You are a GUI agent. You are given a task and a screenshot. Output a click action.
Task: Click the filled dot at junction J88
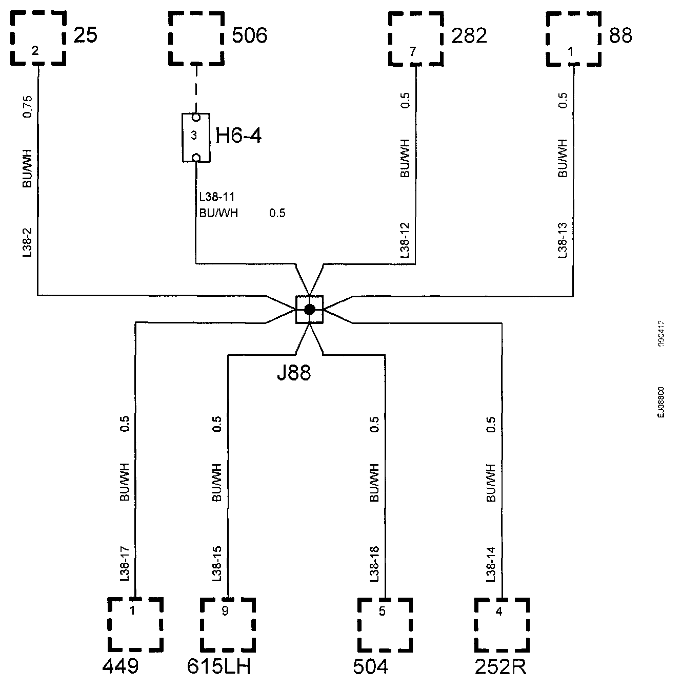tap(309, 309)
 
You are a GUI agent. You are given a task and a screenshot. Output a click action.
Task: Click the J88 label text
tap(294, 373)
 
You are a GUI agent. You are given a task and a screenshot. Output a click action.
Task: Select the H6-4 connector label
tap(239, 136)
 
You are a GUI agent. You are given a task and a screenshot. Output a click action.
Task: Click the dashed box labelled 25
tap(38, 38)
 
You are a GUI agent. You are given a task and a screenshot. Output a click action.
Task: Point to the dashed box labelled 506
tap(196, 38)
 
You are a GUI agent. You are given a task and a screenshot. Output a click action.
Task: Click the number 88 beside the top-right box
tap(620, 36)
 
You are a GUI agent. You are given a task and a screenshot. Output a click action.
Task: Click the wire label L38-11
tap(217, 197)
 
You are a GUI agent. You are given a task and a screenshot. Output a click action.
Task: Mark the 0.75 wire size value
tap(28, 106)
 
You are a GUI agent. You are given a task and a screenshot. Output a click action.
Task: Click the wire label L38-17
tap(124, 564)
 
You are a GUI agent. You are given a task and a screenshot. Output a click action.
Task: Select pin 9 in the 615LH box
tap(225, 611)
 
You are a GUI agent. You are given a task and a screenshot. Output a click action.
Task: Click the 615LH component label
tap(219, 667)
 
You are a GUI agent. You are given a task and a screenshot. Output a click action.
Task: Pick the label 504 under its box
tap(371, 667)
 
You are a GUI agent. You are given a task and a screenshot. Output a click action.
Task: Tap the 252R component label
tap(500, 667)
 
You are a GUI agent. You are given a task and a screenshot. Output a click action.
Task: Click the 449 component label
tap(121, 667)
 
